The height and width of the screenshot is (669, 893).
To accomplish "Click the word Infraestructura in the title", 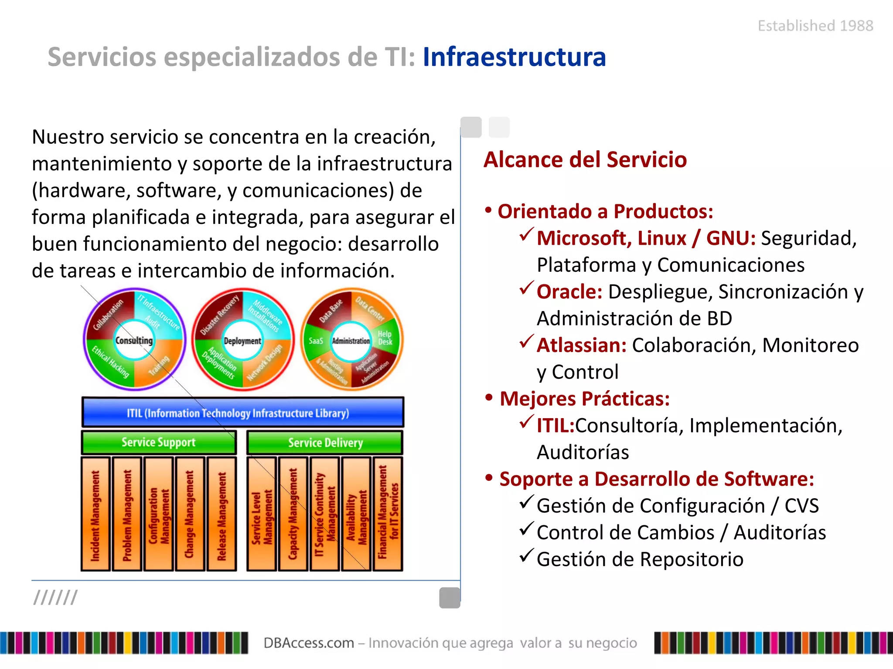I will point(514,57).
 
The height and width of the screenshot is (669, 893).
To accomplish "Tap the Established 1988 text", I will point(815,26).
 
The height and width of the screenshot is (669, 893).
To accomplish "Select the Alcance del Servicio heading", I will point(585,159).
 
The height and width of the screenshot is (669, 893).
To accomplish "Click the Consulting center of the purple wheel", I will point(134,340).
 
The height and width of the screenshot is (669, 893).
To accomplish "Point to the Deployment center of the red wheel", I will point(242,341).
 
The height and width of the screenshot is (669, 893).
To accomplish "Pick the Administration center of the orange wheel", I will point(351,341).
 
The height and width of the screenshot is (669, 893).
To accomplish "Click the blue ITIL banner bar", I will point(242,412).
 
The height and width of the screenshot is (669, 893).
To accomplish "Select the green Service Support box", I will point(159,443).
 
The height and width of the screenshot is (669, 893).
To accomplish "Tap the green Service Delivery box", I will point(325,443).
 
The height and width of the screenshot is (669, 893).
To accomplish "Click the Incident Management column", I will point(95,514).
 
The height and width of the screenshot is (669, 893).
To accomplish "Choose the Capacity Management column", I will point(293,514).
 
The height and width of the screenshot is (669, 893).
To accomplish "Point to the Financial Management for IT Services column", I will point(388,514).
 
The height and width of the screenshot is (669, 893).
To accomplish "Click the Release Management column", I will point(222,514).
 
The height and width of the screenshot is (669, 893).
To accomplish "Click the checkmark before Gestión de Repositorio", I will point(527,556).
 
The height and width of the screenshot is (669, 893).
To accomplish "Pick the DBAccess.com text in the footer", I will point(309,643).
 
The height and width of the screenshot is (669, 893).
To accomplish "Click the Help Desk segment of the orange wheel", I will point(385,338).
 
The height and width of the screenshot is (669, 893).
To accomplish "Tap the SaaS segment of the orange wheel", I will point(316,341).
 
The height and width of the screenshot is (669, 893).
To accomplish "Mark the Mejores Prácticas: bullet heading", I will point(584,399).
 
